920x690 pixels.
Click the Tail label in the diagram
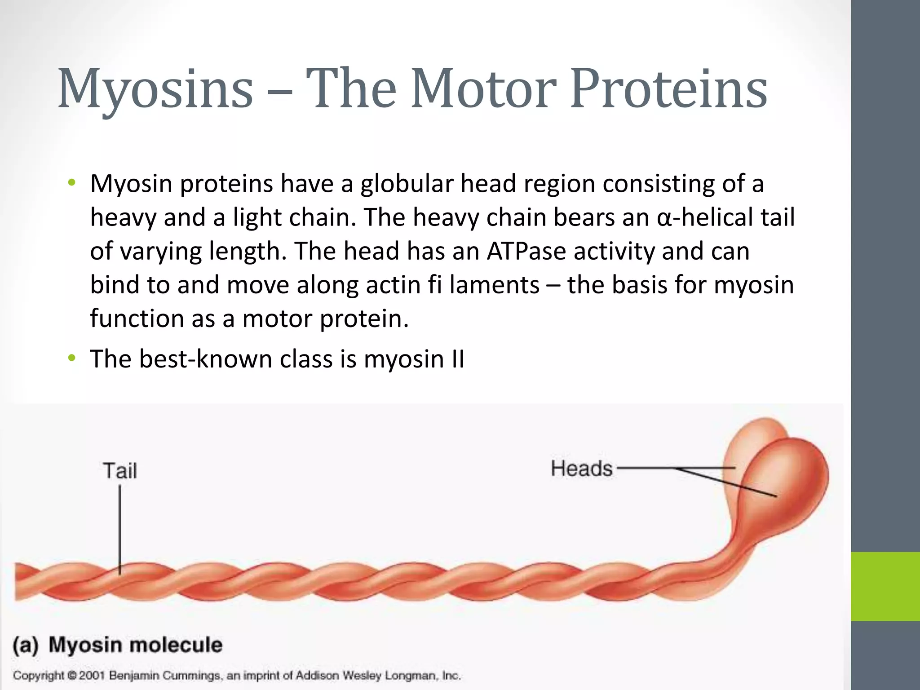tap(120, 471)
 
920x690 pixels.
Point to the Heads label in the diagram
tap(582, 469)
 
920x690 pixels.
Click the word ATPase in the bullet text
tap(526, 251)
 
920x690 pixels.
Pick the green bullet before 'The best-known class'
tap(71, 358)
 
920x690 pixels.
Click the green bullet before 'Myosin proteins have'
tap(71, 183)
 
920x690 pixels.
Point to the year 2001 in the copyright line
tap(92, 675)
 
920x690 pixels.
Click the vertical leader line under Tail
tap(120, 530)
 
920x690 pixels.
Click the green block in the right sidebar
tap(885, 586)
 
